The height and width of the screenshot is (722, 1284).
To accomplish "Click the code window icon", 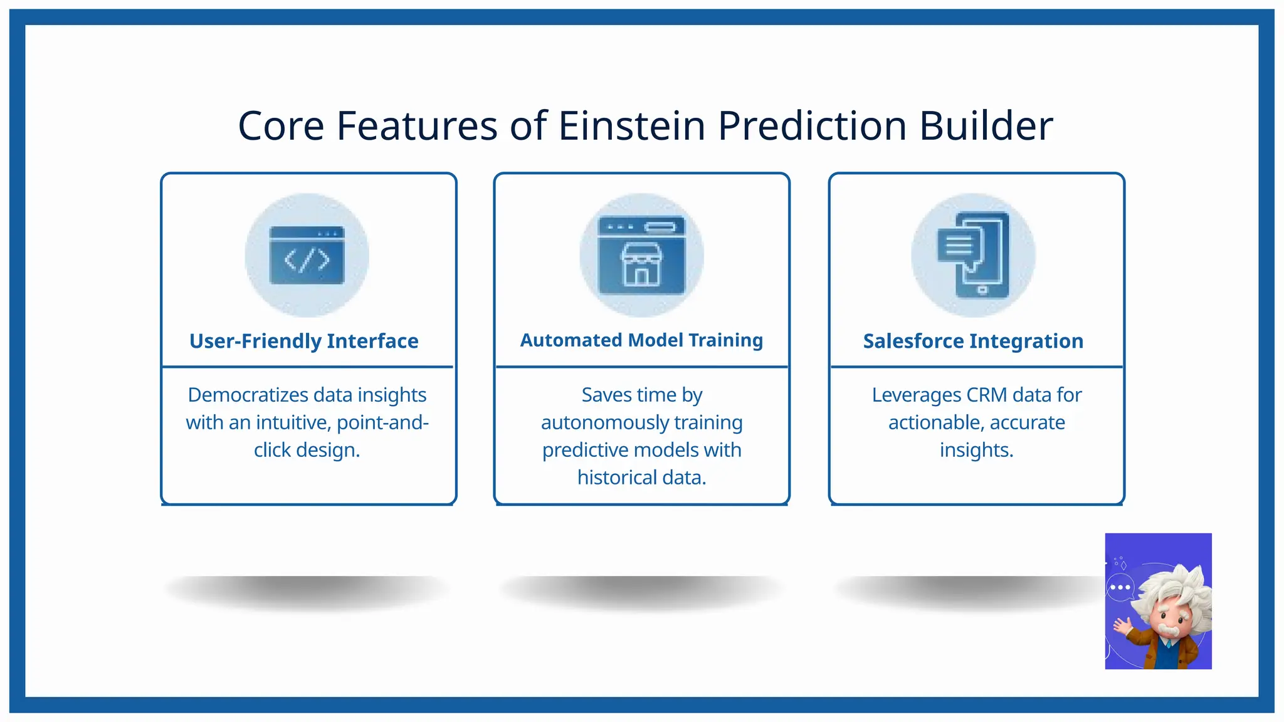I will click(307, 255).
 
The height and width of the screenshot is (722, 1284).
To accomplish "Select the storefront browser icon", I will click(641, 255).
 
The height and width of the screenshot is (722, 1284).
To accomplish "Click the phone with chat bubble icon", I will click(974, 255).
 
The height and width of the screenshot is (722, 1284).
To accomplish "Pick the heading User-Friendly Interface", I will click(304, 341).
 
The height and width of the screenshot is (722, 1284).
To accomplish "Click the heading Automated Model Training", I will click(641, 340).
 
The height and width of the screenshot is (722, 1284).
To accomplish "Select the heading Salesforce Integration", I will click(973, 341).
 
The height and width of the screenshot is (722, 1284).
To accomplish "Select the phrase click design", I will click(307, 451).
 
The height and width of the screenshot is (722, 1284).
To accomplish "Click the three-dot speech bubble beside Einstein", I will click(1120, 588).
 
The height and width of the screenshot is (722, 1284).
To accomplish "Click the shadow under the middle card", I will click(641, 591).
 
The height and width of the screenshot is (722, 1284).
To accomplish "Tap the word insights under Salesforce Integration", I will click(976, 451).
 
